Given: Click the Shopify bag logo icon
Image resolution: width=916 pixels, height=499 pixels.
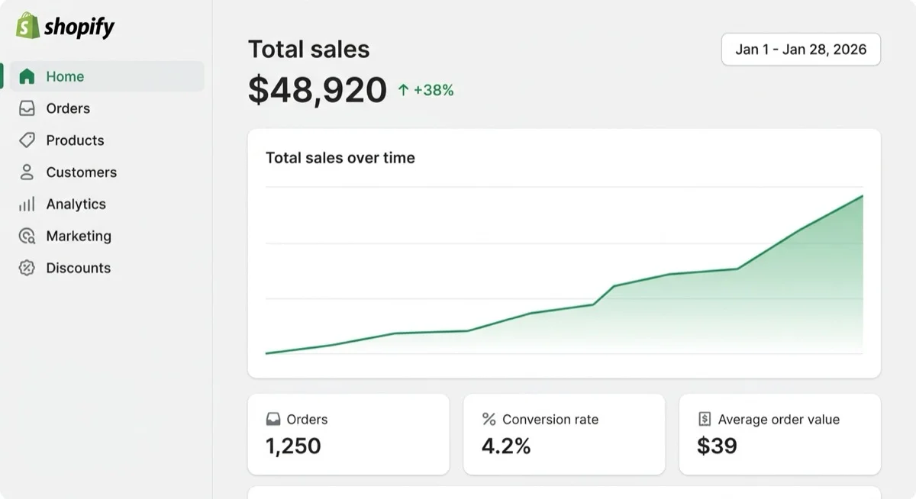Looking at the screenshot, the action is [27, 25].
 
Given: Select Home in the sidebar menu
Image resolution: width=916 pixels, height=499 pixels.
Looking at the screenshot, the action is [65, 76].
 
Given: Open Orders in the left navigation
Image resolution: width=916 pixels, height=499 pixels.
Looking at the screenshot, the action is [68, 108].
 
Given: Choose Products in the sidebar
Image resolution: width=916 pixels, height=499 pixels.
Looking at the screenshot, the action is [75, 140].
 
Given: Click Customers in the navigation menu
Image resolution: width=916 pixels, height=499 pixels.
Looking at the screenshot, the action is [82, 172].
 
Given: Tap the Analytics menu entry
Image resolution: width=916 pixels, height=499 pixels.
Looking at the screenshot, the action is [76, 204].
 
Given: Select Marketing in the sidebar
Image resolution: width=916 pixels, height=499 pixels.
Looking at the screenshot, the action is [79, 236].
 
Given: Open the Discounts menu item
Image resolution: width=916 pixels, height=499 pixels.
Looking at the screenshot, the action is [78, 268].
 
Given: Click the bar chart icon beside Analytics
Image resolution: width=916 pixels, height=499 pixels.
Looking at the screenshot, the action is [27, 204].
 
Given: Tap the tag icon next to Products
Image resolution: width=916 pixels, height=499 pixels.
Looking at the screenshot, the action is [27, 140].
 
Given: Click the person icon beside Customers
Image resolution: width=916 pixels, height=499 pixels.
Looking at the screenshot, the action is [27, 172].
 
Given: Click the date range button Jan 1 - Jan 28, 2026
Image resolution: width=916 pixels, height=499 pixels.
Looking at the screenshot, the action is [801, 50].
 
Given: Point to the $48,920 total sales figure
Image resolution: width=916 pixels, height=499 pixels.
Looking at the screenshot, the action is [318, 89].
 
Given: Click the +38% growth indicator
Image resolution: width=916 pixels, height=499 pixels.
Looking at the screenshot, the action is [426, 90].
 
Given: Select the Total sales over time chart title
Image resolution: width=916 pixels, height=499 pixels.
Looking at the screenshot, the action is [340, 158].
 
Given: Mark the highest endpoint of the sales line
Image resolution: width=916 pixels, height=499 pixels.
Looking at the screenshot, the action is [863, 196].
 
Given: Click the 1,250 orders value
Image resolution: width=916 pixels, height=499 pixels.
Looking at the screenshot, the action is [293, 446].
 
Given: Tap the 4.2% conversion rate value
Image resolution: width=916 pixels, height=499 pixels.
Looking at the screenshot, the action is [506, 446].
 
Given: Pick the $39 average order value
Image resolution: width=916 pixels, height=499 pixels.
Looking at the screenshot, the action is [717, 446].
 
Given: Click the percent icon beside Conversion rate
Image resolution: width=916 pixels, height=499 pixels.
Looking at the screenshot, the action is [489, 419].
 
